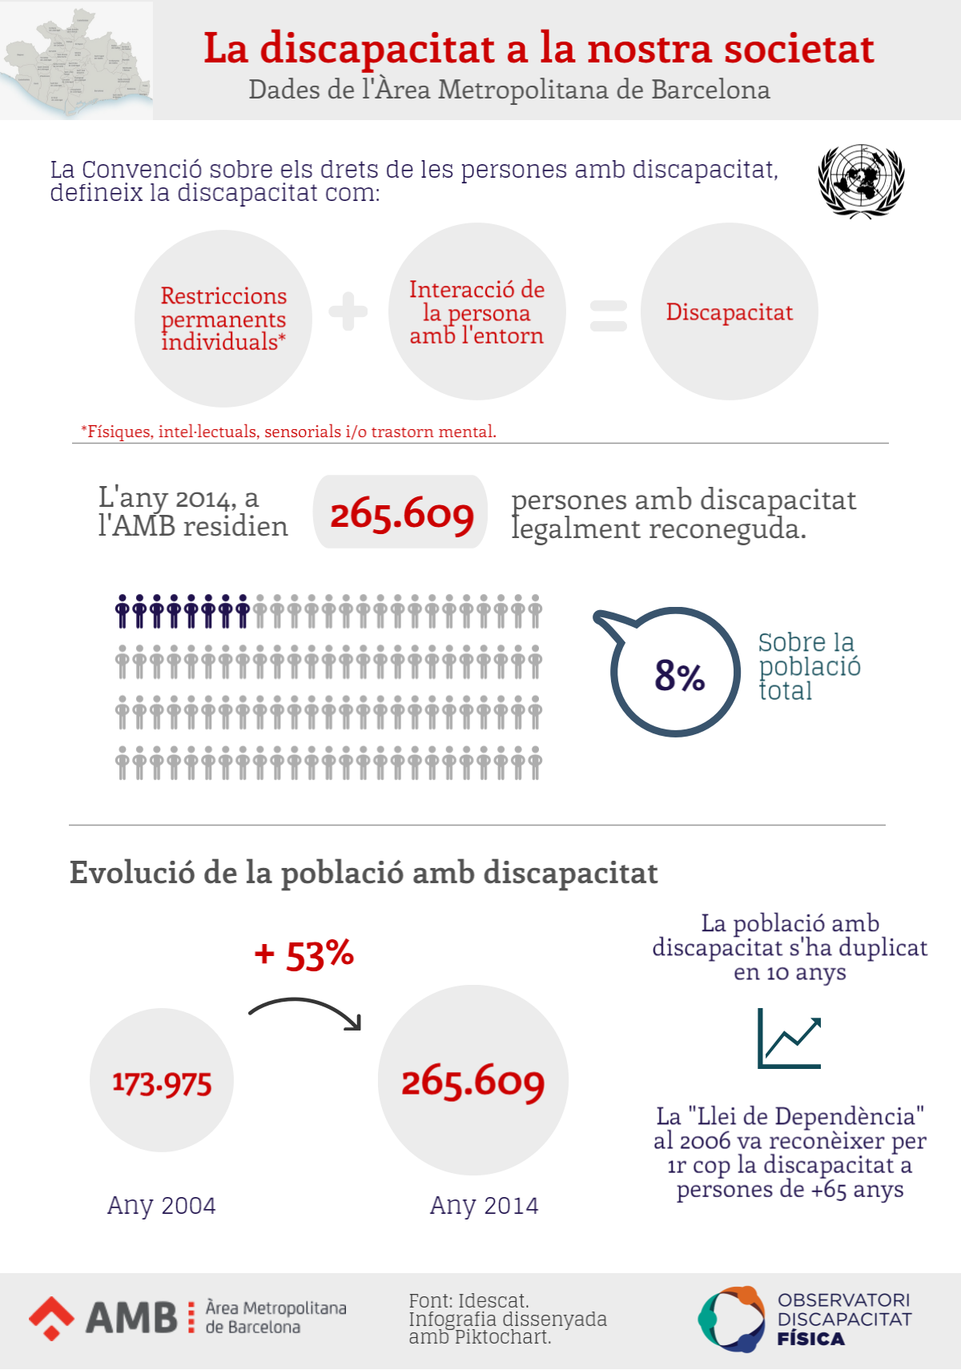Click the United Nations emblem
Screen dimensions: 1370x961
[861, 181]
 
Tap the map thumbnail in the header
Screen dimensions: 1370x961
[76, 61]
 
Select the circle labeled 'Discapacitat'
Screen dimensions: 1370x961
[729, 311]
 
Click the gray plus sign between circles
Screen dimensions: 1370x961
[348, 311]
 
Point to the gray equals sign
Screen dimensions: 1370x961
[609, 315]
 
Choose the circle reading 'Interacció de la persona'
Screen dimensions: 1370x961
[476, 311]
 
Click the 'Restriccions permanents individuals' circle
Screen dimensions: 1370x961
[223, 318]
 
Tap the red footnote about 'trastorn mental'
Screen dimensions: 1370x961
[288, 432]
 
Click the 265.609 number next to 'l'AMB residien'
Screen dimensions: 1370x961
[401, 512]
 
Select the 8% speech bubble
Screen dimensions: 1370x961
[677, 673]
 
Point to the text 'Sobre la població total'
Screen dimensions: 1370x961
[809, 666]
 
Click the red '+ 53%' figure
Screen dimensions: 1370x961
[304, 954]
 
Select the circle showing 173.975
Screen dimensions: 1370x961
[162, 1081]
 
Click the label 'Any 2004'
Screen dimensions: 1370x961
[162, 1205]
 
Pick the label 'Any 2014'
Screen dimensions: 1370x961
[484, 1205]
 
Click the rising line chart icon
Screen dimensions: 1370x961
[790, 1039]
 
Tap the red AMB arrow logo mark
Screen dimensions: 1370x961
[52, 1317]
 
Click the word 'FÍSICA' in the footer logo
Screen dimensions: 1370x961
[810, 1339]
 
